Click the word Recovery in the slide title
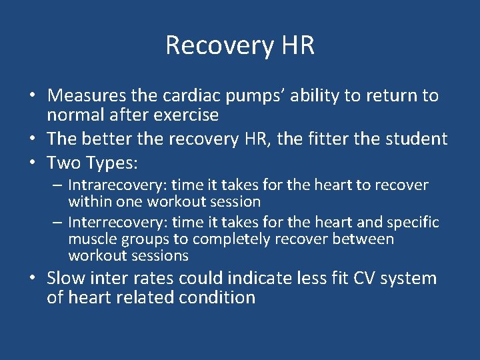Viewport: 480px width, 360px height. pos(219,46)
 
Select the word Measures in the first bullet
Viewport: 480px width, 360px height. pos(87,95)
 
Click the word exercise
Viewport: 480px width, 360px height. pos(186,115)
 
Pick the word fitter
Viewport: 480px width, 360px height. pos(329,139)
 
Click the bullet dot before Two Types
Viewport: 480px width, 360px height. pos(33,161)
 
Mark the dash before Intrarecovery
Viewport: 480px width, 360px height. pos(57,185)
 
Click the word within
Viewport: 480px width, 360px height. pos(90,202)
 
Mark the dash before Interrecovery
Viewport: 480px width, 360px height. pos(57,221)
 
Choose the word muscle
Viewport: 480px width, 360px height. pos(93,239)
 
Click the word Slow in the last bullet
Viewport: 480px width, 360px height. pos(66,278)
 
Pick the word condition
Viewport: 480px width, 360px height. pos(217,297)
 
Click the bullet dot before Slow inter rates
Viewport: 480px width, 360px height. pos(33,277)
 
